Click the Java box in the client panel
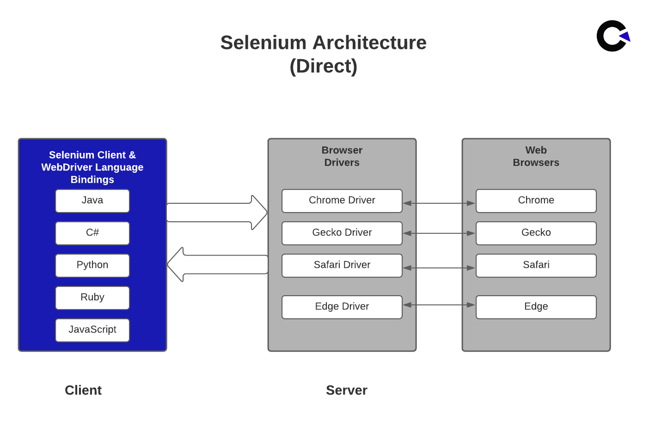tap(92, 200)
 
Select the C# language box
tap(92, 233)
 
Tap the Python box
tap(92, 265)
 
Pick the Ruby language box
tap(92, 297)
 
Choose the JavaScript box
tap(92, 330)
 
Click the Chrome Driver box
tap(342, 200)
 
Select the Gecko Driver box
tap(342, 233)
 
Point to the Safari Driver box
tap(342, 265)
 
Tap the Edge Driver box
tap(342, 307)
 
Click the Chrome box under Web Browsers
tap(536, 200)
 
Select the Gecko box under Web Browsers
tap(536, 233)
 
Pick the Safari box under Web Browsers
tap(536, 265)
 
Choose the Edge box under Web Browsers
tap(536, 307)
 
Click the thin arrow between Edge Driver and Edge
tap(439, 305)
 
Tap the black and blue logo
tap(613, 36)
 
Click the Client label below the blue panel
tap(83, 390)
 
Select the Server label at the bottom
tap(346, 390)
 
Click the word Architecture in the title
tap(369, 42)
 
